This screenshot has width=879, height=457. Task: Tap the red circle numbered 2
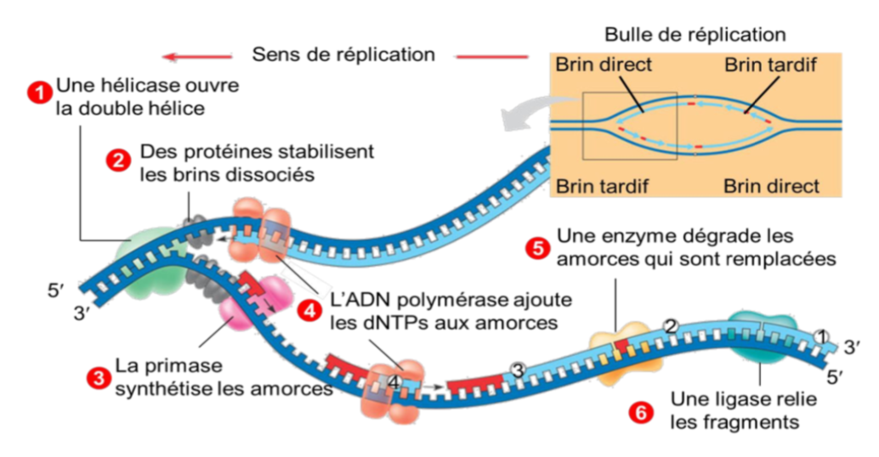tap(117, 159)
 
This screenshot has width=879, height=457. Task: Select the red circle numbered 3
tap(99, 375)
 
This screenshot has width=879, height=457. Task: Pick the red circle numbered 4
tap(311, 310)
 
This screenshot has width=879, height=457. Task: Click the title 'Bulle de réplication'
tap(695, 35)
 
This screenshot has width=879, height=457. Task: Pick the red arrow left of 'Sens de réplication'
tap(196, 57)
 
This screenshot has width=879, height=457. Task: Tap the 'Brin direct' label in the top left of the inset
tap(604, 65)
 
